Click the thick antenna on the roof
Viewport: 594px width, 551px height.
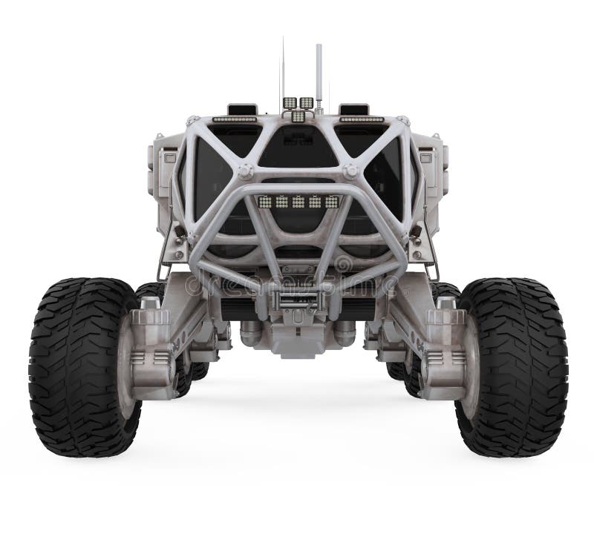click(x=319, y=74)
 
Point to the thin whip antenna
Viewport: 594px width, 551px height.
click(x=282, y=70)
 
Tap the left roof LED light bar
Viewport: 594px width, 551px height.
click(x=235, y=119)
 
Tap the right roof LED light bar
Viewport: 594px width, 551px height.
click(x=362, y=119)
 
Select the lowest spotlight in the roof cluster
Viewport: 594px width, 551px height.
click(x=298, y=116)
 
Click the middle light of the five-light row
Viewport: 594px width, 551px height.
click(x=298, y=201)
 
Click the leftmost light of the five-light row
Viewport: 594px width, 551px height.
click(x=265, y=201)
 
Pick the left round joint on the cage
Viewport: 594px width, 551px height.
click(x=245, y=171)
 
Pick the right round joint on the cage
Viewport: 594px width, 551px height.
click(x=350, y=171)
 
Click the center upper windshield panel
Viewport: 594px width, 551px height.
click(x=298, y=148)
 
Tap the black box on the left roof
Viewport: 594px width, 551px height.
click(x=242, y=109)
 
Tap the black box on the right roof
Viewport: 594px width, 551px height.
click(x=353, y=109)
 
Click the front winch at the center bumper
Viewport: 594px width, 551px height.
click(x=297, y=300)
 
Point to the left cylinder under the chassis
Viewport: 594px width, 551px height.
click(x=252, y=333)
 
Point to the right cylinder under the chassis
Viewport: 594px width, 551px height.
click(x=345, y=333)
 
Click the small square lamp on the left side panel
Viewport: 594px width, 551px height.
click(x=169, y=158)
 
